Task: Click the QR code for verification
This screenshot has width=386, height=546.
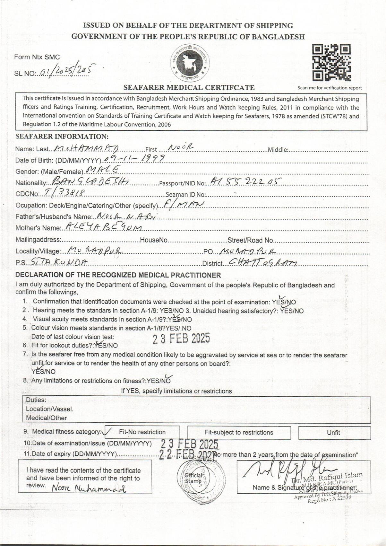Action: pyautogui.click(x=331, y=62)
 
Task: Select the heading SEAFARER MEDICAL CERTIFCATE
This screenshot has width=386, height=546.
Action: pyautogui.click(x=189, y=87)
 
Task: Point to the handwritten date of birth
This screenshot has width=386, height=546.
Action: pyautogui.click(x=135, y=158)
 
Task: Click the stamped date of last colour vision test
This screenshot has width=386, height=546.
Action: pyautogui.click(x=181, y=339)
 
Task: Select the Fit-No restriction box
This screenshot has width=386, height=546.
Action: pyautogui.click(x=142, y=432)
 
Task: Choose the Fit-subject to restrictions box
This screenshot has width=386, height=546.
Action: pyautogui.click(x=239, y=433)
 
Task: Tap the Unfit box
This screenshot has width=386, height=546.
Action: pyautogui.click(x=334, y=433)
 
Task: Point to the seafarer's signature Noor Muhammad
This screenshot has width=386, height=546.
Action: pyautogui.click(x=89, y=488)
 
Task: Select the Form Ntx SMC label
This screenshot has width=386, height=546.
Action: pyautogui.click(x=37, y=57)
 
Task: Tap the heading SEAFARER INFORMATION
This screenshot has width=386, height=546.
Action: pyautogui.click(x=62, y=136)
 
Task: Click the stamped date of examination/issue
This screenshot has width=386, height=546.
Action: pyautogui.click(x=189, y=444)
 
